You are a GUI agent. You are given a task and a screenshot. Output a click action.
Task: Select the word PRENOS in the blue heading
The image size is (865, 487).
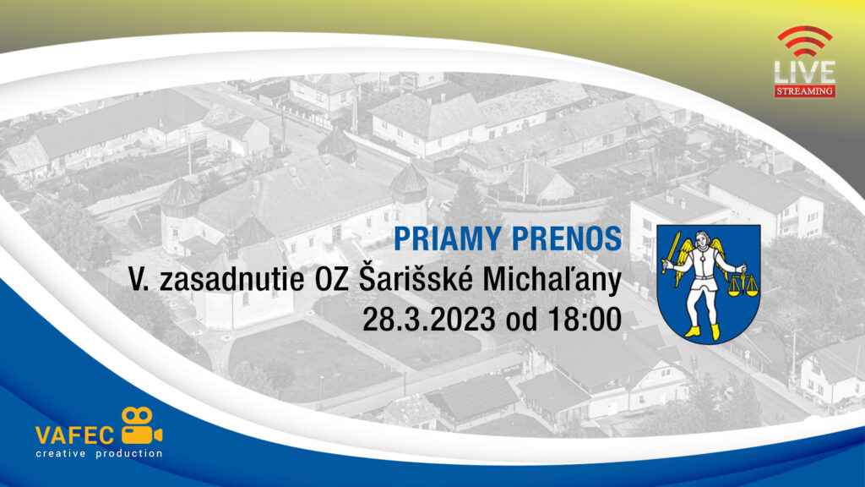pos(567,238)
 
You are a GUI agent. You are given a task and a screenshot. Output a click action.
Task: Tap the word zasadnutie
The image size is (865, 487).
pos(231,279)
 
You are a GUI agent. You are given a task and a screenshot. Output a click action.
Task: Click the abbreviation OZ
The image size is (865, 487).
pos(331,279)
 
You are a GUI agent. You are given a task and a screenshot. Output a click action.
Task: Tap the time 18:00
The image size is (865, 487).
pos(585,319)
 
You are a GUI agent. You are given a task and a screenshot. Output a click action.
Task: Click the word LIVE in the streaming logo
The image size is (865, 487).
pos(805,73)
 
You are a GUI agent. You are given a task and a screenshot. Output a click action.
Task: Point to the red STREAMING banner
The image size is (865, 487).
pos(805,91)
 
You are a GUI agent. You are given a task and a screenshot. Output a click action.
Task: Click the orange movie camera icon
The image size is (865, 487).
pos(141,426)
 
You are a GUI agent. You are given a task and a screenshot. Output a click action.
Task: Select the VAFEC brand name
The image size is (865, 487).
pos(74,435)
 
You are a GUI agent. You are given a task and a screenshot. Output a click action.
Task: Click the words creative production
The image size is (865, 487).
pos(100,453)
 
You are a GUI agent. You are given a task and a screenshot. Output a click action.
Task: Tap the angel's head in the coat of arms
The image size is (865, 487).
pos(702,239)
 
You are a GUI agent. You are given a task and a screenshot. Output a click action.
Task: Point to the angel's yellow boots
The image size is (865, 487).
pos(702,331)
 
